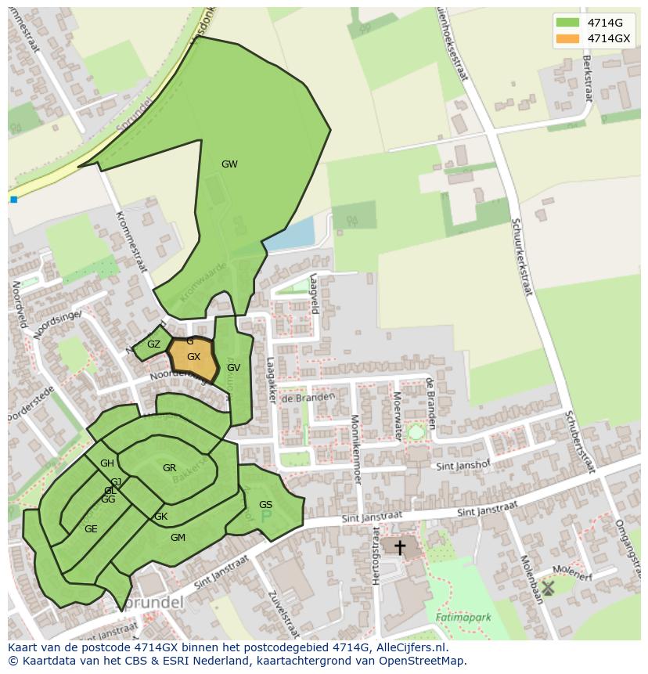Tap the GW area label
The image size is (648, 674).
coord(229,164)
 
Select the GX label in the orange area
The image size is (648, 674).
coord(193,357)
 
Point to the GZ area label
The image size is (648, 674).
coord(153,344)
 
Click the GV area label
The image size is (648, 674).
coord(233,367)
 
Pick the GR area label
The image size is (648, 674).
coord(169,468)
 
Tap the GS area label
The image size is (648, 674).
coord(265,505)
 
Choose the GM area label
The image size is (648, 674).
coord(178,537)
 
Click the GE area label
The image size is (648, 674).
coord(91,529)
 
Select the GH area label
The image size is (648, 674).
coord(107,463)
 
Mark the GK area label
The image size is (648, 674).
coord(160,517)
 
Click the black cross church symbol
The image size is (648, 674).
coord(399,547)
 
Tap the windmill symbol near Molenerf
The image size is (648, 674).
coord(548,586)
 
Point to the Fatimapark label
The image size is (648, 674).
coord(463,617)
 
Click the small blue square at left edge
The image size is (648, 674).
coord(13,200)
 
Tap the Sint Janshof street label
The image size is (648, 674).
coord(463,465)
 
